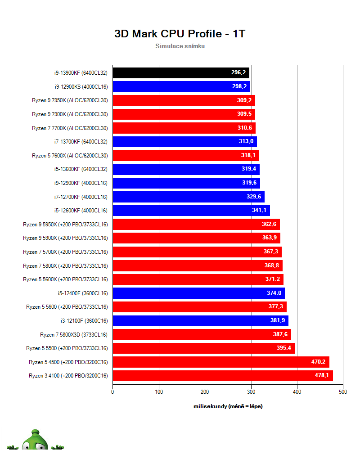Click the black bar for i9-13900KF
tap(181, 73)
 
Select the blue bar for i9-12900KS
tap(181, 87)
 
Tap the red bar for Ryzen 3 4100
tap(223, 376)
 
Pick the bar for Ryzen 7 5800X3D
tap(202, 334)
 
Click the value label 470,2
tap(318, 362)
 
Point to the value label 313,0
tap(246, 141)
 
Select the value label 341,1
tap(259, 210)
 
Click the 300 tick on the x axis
tap(251, 392)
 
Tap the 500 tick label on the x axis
tap(343, 392)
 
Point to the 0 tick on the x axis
tap(112, 392)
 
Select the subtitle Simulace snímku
tap(180, 46)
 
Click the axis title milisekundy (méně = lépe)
tap(228, 406)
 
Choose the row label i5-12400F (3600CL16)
tap(83, 293)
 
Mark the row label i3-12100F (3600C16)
tap(84, 320)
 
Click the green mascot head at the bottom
tap(35, 441)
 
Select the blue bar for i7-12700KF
tap(189, 197)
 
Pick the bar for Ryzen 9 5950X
tap(196, 225)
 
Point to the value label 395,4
tap(283, 348)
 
